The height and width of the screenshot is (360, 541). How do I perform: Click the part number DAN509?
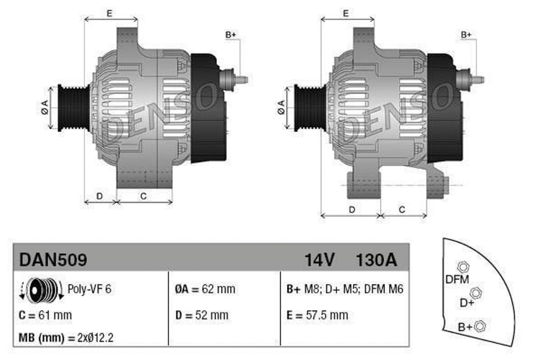(x=53, y=260)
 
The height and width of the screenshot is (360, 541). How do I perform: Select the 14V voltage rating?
(x=319, y=260)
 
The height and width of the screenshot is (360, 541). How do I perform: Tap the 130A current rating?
(x=376, y=260)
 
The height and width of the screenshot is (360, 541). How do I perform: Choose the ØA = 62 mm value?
(x=205, y=289)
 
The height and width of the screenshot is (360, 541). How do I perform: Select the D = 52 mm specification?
(x=202, y=316)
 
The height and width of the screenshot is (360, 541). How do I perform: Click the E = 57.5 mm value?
(x=317, y=316)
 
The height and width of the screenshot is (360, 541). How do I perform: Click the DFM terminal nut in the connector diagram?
(x=461, y=267)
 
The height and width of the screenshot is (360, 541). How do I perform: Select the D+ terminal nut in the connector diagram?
(x=475, y=292)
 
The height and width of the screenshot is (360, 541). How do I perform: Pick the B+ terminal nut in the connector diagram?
(x=480, y=326)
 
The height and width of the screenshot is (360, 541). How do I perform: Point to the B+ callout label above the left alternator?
(x=230, y=35)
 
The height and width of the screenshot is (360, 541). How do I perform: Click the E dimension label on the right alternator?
(x=346, y=14)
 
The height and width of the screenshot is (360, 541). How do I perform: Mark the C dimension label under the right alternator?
(x=402, y=210)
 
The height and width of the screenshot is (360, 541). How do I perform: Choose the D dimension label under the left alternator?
(x=99, y=196)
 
